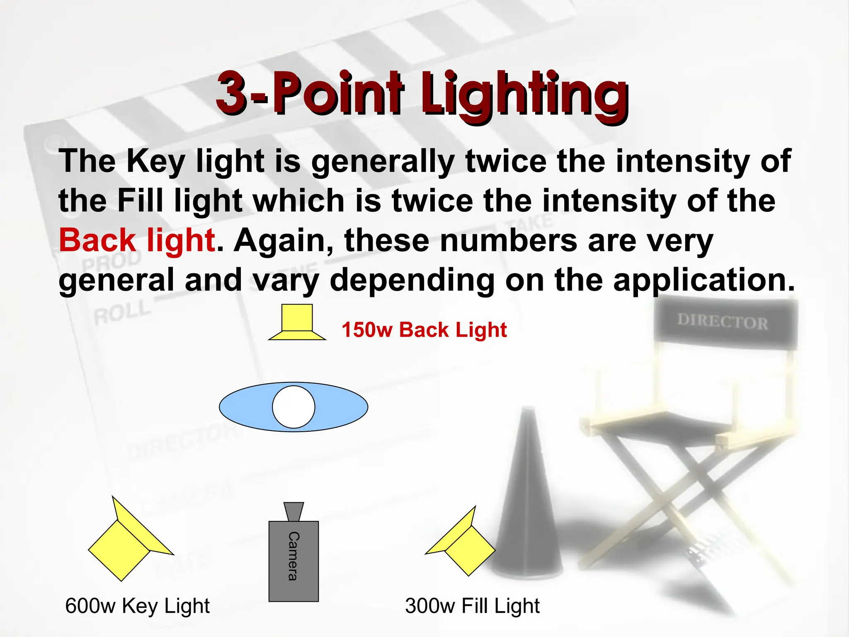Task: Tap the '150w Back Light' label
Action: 424,330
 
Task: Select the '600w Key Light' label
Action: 137,606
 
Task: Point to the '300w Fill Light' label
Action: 472,606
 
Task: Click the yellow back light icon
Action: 297,323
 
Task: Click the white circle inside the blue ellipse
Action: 294,407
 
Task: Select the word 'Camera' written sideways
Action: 294,556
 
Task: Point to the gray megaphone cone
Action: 527,498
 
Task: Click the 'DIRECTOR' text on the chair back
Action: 723,322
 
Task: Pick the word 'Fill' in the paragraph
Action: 140,201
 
